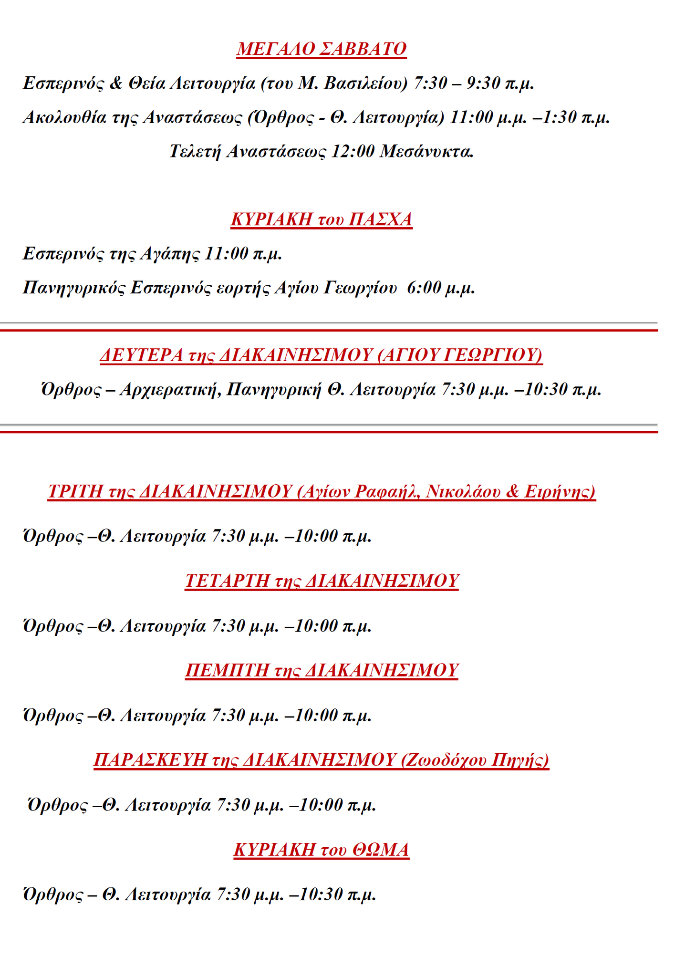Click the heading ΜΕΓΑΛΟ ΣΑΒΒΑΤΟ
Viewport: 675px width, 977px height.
(x=321, y=49)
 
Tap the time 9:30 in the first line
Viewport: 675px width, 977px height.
(x=483, y=83)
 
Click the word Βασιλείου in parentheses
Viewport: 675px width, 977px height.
(x=365, y=83)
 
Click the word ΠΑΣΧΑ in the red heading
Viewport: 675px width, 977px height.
(x=380, y=219)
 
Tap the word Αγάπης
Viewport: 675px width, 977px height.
(x=169, y=253)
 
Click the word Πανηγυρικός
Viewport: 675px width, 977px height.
(x=74, y=288)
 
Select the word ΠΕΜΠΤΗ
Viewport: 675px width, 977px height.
(x=227, y=670)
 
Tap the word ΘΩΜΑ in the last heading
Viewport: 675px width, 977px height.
(x=381, y=850)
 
